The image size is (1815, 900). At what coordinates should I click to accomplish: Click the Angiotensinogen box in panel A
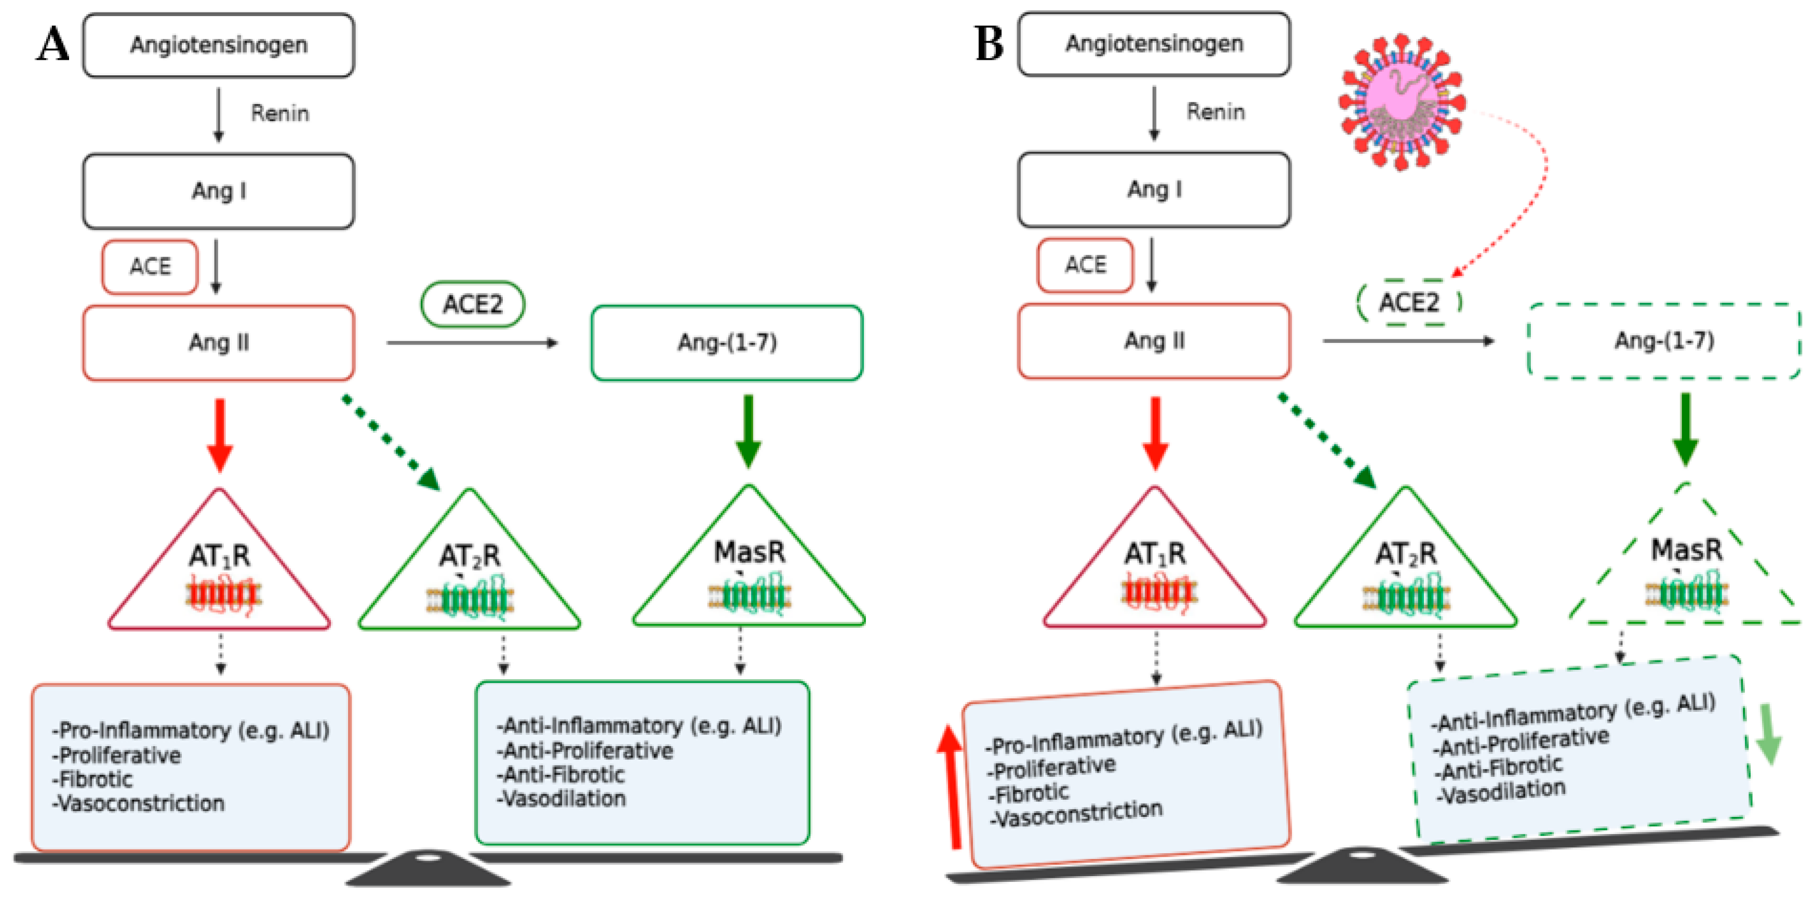[x=218, y=45]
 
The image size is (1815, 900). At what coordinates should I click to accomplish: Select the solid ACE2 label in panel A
[x=472, y=305]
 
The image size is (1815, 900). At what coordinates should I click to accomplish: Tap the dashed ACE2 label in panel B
[x=1408, y=303]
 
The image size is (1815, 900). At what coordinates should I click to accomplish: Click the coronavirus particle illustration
[x=1402, y=102]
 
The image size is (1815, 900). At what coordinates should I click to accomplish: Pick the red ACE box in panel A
[x=150, y=267]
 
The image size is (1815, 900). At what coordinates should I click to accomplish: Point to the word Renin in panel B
[x=1216, y=111]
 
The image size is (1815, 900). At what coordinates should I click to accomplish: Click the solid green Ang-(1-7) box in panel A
[x=726, y=342]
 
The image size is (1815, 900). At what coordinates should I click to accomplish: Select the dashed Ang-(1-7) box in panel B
[x=1663, y=341]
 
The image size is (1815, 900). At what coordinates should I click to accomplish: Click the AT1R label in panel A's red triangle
[x=219, y=557]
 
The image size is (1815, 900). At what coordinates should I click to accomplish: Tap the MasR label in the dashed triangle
[x=1686, y=550]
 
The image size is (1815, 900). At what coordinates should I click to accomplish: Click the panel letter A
[x=53, y=44]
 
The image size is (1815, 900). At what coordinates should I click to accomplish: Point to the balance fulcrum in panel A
[x=428, y=868]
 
